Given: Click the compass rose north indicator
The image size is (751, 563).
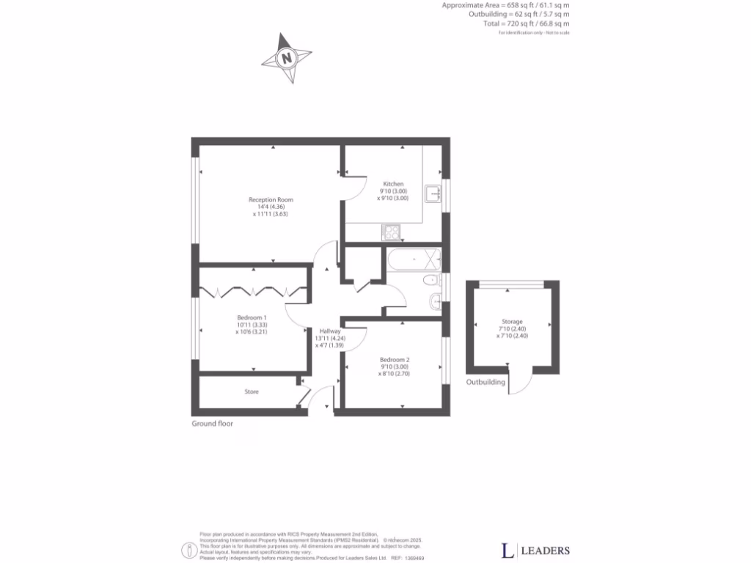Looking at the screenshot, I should tap(287, 57).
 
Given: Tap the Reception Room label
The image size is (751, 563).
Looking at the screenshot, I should tap(271, 200).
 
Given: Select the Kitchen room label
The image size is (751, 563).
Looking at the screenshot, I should tap(393, 184).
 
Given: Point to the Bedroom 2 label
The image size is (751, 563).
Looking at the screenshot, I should tap(394, 360).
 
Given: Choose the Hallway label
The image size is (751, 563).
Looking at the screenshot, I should tap(330, 331).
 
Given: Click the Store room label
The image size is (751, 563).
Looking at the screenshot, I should tap(252, 392).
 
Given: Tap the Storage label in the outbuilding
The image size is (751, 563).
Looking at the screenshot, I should tap(512, 322).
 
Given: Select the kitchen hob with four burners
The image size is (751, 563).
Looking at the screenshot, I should tap(391, 233).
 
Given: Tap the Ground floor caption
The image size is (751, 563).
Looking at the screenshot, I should tap(212, 424).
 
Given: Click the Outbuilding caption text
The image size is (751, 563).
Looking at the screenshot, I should tap(486, 383).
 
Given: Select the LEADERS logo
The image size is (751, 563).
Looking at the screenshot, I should tap(535, 550).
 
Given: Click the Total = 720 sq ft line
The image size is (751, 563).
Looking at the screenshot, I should tap(526, 24).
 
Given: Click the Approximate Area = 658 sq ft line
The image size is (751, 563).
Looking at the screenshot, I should tap(505, 6).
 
